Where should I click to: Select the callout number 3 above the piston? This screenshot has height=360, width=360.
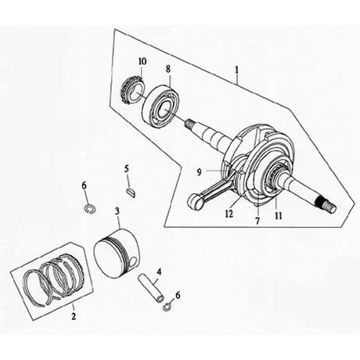117,212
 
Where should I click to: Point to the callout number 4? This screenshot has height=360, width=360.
159,271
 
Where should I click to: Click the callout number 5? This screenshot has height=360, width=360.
126,169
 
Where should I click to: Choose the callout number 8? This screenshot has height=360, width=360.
168,70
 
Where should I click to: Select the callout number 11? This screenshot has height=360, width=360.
276,215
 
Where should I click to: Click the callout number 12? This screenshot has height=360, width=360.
228,213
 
